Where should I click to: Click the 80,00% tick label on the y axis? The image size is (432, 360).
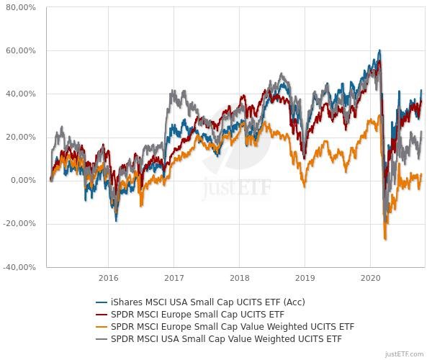click(x=22, y=7)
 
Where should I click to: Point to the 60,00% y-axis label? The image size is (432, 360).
click(x=22, y=50)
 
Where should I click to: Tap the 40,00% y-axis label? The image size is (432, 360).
click(x=22, y=94)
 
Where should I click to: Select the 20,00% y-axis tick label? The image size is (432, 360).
click(x=22, y=137)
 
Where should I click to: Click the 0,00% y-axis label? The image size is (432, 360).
click(x=24, y=180)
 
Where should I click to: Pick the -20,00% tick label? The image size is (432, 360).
click(x=20, y=223)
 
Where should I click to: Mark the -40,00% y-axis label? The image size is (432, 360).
click(x=20, y=266)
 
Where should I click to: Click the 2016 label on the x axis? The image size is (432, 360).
click(x=108, y=277)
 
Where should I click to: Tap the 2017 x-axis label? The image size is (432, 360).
click(x=174, y=277)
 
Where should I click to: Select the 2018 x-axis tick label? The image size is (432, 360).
click(x=239, y=277)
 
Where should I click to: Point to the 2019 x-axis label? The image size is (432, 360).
click(x=305, y=277)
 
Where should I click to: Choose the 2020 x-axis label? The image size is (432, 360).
click(x=370, y=277)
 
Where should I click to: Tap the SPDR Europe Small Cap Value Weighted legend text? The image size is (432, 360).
click(x=233, y=326)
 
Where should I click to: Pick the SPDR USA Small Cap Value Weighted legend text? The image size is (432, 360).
click(x=226, y=338)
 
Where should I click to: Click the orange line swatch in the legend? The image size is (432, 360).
click(x=102, y=326)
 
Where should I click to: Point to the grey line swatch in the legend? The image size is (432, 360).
click(x=102, y=338)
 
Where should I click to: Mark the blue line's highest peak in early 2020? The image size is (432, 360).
click(x=379, y=50)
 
